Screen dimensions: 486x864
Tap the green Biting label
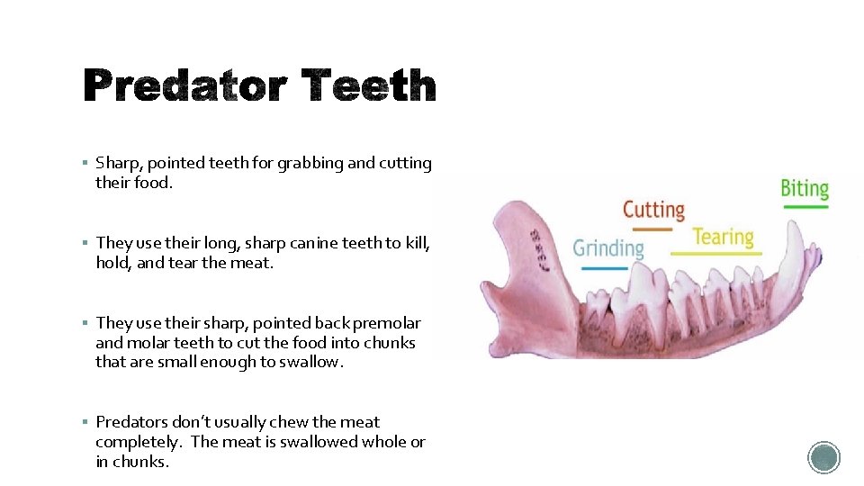804,188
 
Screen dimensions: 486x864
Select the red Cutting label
654,210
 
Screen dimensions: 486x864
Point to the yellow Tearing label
723,237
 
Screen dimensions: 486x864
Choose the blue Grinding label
608,247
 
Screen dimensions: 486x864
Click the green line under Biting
804,207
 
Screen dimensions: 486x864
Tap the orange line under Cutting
648,229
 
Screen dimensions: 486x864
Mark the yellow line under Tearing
716,254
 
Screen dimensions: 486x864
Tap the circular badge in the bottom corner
823,457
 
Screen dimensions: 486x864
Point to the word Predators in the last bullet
131,421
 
